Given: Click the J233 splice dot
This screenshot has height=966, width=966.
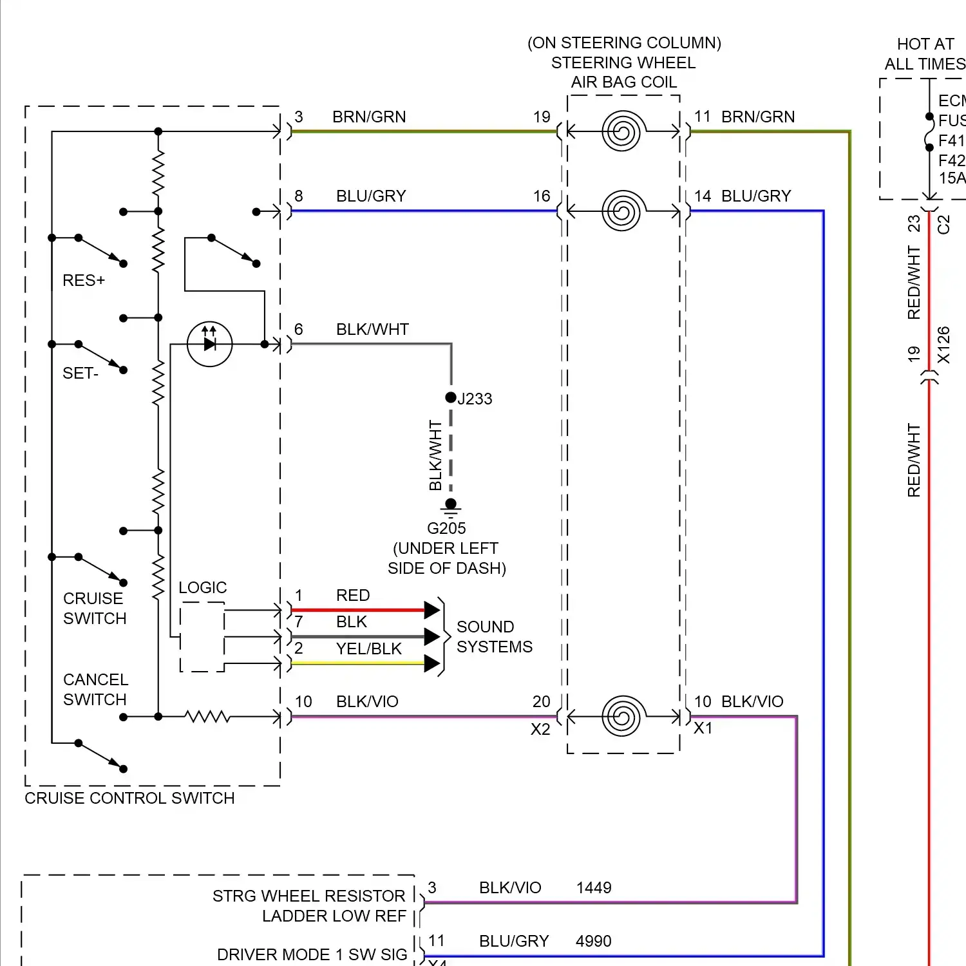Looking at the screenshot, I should pos(451,397).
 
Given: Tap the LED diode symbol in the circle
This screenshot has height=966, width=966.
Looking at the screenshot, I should pos(209,345).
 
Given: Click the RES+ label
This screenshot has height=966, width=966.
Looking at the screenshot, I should pos(84,281).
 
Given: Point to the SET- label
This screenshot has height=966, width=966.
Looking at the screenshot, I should pos(80,374).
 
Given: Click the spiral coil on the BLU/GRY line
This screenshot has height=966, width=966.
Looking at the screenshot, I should pos(622,211).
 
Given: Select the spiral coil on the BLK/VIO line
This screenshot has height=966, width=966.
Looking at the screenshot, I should pos(622,716).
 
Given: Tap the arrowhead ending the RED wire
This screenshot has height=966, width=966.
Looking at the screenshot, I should pos(431,609).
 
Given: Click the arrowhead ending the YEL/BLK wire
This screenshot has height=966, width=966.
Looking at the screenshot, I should pos(431,663).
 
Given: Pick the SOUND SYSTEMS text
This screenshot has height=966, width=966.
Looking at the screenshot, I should pos(494,637).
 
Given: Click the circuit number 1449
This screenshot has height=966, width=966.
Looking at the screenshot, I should pos(593,888).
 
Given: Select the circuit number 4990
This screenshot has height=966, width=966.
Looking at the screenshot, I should pos(593,942).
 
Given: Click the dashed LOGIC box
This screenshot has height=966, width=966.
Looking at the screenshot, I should pos(202,637).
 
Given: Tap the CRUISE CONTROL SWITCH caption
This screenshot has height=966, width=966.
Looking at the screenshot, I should pos(129,799).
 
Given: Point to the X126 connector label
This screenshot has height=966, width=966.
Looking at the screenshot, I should pos(943,345).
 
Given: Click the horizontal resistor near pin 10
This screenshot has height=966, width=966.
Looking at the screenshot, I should pos(207,717).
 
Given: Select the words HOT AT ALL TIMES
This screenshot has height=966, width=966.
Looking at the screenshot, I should pos(925,54).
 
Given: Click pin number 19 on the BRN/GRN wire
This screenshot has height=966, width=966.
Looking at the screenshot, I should pos(542,117).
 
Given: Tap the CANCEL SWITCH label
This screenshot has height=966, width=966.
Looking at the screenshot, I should pos(95,690).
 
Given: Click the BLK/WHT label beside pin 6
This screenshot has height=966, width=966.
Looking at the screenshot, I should pos(372,330).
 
